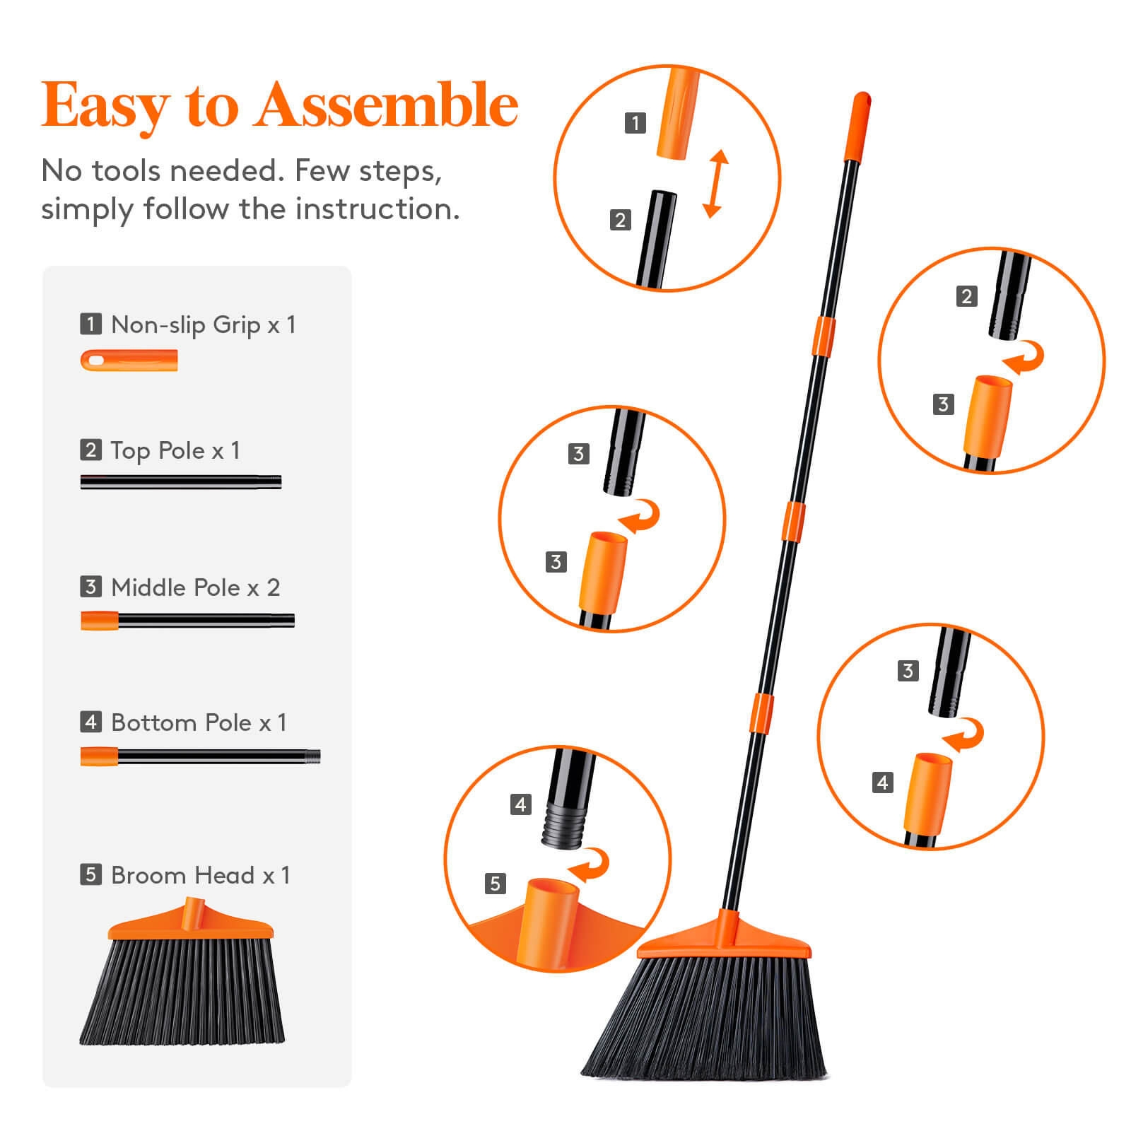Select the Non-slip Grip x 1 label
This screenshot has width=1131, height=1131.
[202, 324]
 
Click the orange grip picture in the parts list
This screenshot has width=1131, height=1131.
[129, 361]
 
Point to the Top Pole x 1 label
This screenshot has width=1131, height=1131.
[175, 450]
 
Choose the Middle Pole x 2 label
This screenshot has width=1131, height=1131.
[195, 587]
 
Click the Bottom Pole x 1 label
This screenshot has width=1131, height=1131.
[198, 722]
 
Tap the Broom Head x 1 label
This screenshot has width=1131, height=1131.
[200, 875]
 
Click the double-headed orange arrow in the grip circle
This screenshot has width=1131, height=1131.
[715, 183]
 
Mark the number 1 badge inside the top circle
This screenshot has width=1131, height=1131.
[635, 123]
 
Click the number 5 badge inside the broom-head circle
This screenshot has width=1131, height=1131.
[495, 883]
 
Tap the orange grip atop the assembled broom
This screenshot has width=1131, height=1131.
[857, 127]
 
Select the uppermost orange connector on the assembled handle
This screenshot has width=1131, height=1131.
[823, 336]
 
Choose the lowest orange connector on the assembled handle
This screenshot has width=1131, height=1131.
[761, 714]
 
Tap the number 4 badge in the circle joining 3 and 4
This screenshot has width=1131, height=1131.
[882, 783]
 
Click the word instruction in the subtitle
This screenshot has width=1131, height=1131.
[377, 209]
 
